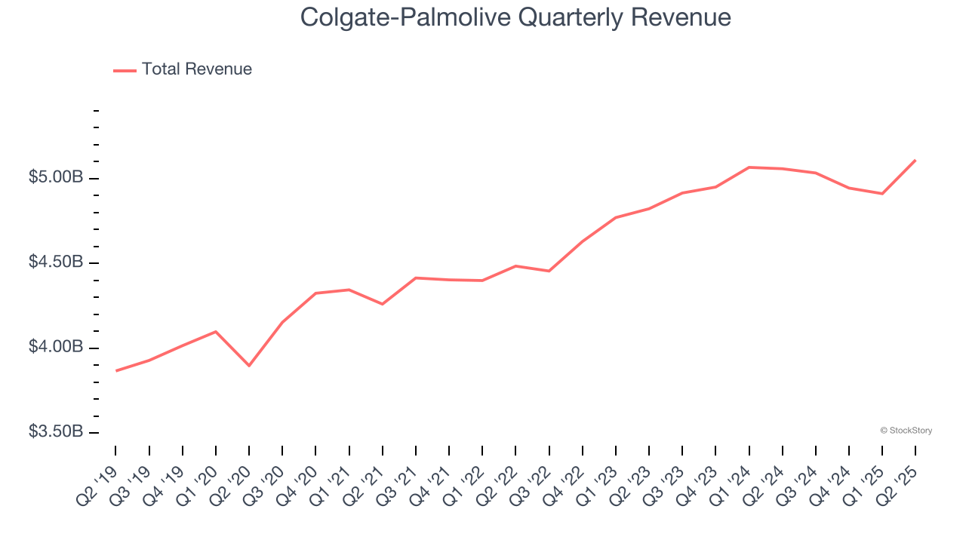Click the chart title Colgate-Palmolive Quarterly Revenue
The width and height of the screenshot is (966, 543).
[515, 17]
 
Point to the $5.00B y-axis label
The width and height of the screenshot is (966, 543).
[56, 178]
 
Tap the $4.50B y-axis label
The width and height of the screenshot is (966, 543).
[56, 262]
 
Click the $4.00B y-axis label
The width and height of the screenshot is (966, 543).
[56, 348]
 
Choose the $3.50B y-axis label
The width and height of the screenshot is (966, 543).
[56, 432]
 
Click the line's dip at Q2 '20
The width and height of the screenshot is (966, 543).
[249, 366]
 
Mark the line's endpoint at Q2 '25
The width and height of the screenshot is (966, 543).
[915, 160]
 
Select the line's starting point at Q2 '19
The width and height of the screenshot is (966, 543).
[116, 371]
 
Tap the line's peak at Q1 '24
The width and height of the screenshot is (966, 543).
[749, 167]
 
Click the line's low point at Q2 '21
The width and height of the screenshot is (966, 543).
[383, 304]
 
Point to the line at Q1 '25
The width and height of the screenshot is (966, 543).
[882, 194]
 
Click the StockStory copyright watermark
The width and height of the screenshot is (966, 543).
[906, 431]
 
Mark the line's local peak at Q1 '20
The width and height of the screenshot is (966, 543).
[216, 331]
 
